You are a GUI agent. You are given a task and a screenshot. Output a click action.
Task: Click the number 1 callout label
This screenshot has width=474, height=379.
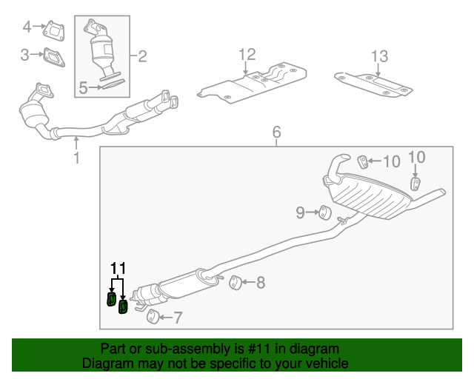(76, 157)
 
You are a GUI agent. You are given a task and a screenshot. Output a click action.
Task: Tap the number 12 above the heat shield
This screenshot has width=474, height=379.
(247, 54)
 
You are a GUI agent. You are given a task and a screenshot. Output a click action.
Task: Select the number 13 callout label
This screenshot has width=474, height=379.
(378, 56)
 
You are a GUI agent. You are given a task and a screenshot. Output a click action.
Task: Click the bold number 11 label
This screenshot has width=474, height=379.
(118, 268)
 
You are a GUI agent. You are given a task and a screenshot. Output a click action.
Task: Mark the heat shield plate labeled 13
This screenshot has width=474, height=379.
(374, 84)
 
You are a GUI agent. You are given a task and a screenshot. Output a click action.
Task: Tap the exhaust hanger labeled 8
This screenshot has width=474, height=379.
(234, 281)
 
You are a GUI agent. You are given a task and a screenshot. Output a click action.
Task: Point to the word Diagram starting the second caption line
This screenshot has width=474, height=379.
(107, 363)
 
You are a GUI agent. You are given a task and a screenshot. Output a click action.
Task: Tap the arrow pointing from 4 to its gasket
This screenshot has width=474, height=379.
(39, 27)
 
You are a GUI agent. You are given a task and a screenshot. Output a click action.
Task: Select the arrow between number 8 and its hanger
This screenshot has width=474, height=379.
(248, 282)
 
